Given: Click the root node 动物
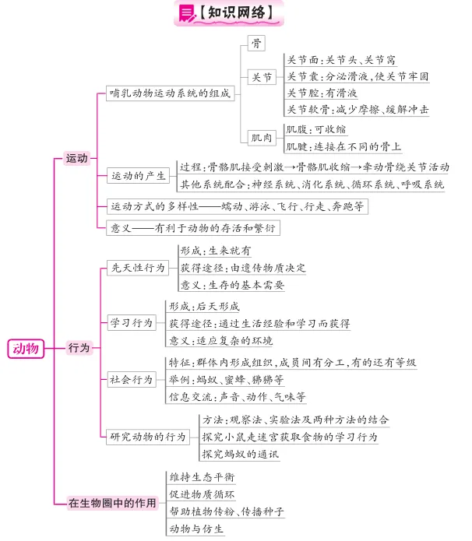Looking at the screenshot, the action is [x=26, y=349].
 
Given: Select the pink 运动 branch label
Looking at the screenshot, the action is [x=76, y=158].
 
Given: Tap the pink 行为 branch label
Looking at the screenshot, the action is [x=79, y=347].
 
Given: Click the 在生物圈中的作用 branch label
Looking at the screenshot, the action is [x=112, y=503].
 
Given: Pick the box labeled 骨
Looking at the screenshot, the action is [x=256, y=43].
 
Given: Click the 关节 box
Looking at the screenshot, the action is [x=262, y=76].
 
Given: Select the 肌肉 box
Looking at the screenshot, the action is [x=262, y=138].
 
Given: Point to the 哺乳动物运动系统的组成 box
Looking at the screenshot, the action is [x=171, y=93].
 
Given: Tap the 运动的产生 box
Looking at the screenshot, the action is [x=138, y=176].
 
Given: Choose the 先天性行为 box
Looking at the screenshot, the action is [x=138, y=268].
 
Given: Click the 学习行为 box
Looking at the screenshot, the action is [x=132, y=322].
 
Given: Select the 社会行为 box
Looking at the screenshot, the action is [x=132, y=380].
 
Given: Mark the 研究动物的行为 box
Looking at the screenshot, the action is [x=148, y=437].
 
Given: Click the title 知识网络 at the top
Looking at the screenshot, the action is [x=236, y=12].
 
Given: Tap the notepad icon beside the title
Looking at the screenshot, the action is [x=187, y=13].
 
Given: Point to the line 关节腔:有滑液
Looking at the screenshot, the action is [x=322, y=93].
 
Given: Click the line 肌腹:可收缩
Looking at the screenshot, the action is [x=316, y=129].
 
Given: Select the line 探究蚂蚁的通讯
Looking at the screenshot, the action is [x=241, y=454].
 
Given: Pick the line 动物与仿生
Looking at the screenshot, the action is [x=196, y=529].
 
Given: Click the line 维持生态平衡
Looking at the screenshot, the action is [x=202, y=477].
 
